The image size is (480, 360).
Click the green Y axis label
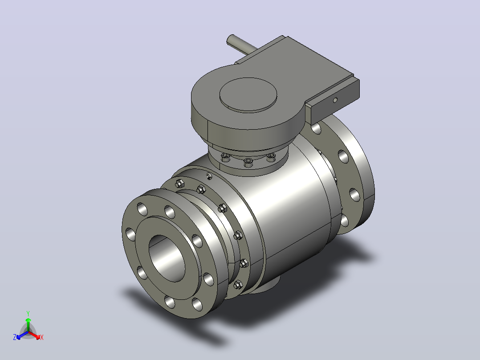[28, 313]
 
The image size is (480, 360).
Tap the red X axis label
[42, 337]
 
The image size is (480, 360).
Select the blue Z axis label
[15, 337]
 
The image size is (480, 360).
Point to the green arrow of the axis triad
[28, 324]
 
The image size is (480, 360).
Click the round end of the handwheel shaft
[230, 40]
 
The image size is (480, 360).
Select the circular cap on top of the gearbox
[248, 94]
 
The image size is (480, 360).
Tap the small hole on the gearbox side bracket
[335, 100]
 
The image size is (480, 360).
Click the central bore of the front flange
[167, 258]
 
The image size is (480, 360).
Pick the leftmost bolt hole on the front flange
[130, 234]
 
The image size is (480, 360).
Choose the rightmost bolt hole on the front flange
[208, 279]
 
